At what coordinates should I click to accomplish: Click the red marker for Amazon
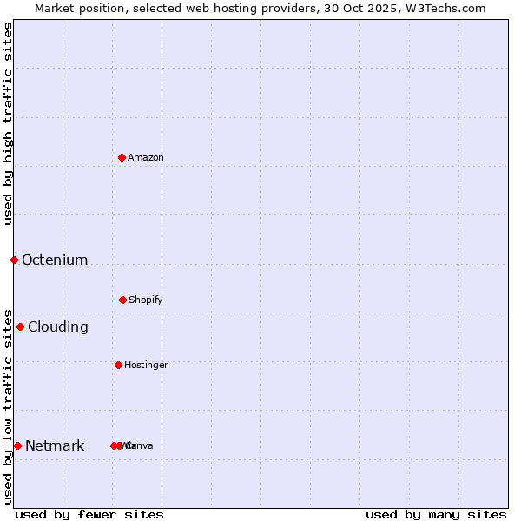click(x=122, y=157)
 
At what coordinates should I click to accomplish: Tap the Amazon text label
click(x=146, y=157)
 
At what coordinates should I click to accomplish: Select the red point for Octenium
click(x=14, y=260)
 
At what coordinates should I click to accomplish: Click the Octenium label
click(x=55, y=260)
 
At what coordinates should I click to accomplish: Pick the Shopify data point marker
click(x=122, y=300)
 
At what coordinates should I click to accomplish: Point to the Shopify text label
click(x=146, y=300)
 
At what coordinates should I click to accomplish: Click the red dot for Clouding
click(x=20, y=326)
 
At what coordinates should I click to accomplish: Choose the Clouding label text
click(x=58, y=326)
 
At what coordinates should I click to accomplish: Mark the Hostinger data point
click(x=118, y=365)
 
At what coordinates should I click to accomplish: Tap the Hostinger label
click(x=146, y=365)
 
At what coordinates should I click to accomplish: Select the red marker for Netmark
click(x=17, y=445)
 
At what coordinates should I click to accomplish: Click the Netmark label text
click(x=55, y=445)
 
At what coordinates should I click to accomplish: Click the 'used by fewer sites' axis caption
click(x=89, y=514)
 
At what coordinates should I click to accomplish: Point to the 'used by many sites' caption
click(x=436, y=514)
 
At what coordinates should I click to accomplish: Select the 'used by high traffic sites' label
click(x=8, y=123)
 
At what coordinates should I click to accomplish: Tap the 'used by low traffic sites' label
click(x=8, y=406)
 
